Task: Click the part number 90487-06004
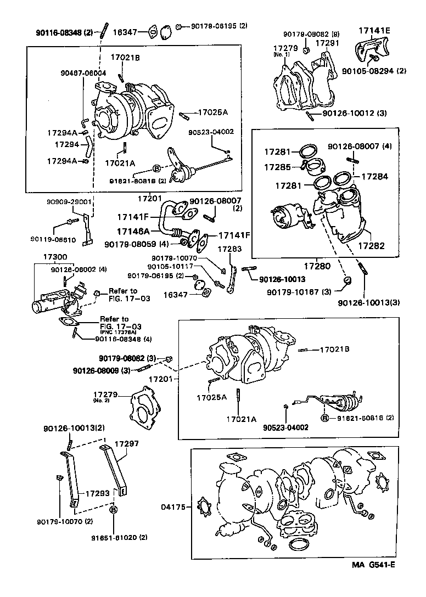click(83, 72)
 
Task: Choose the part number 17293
click(96, 493)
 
